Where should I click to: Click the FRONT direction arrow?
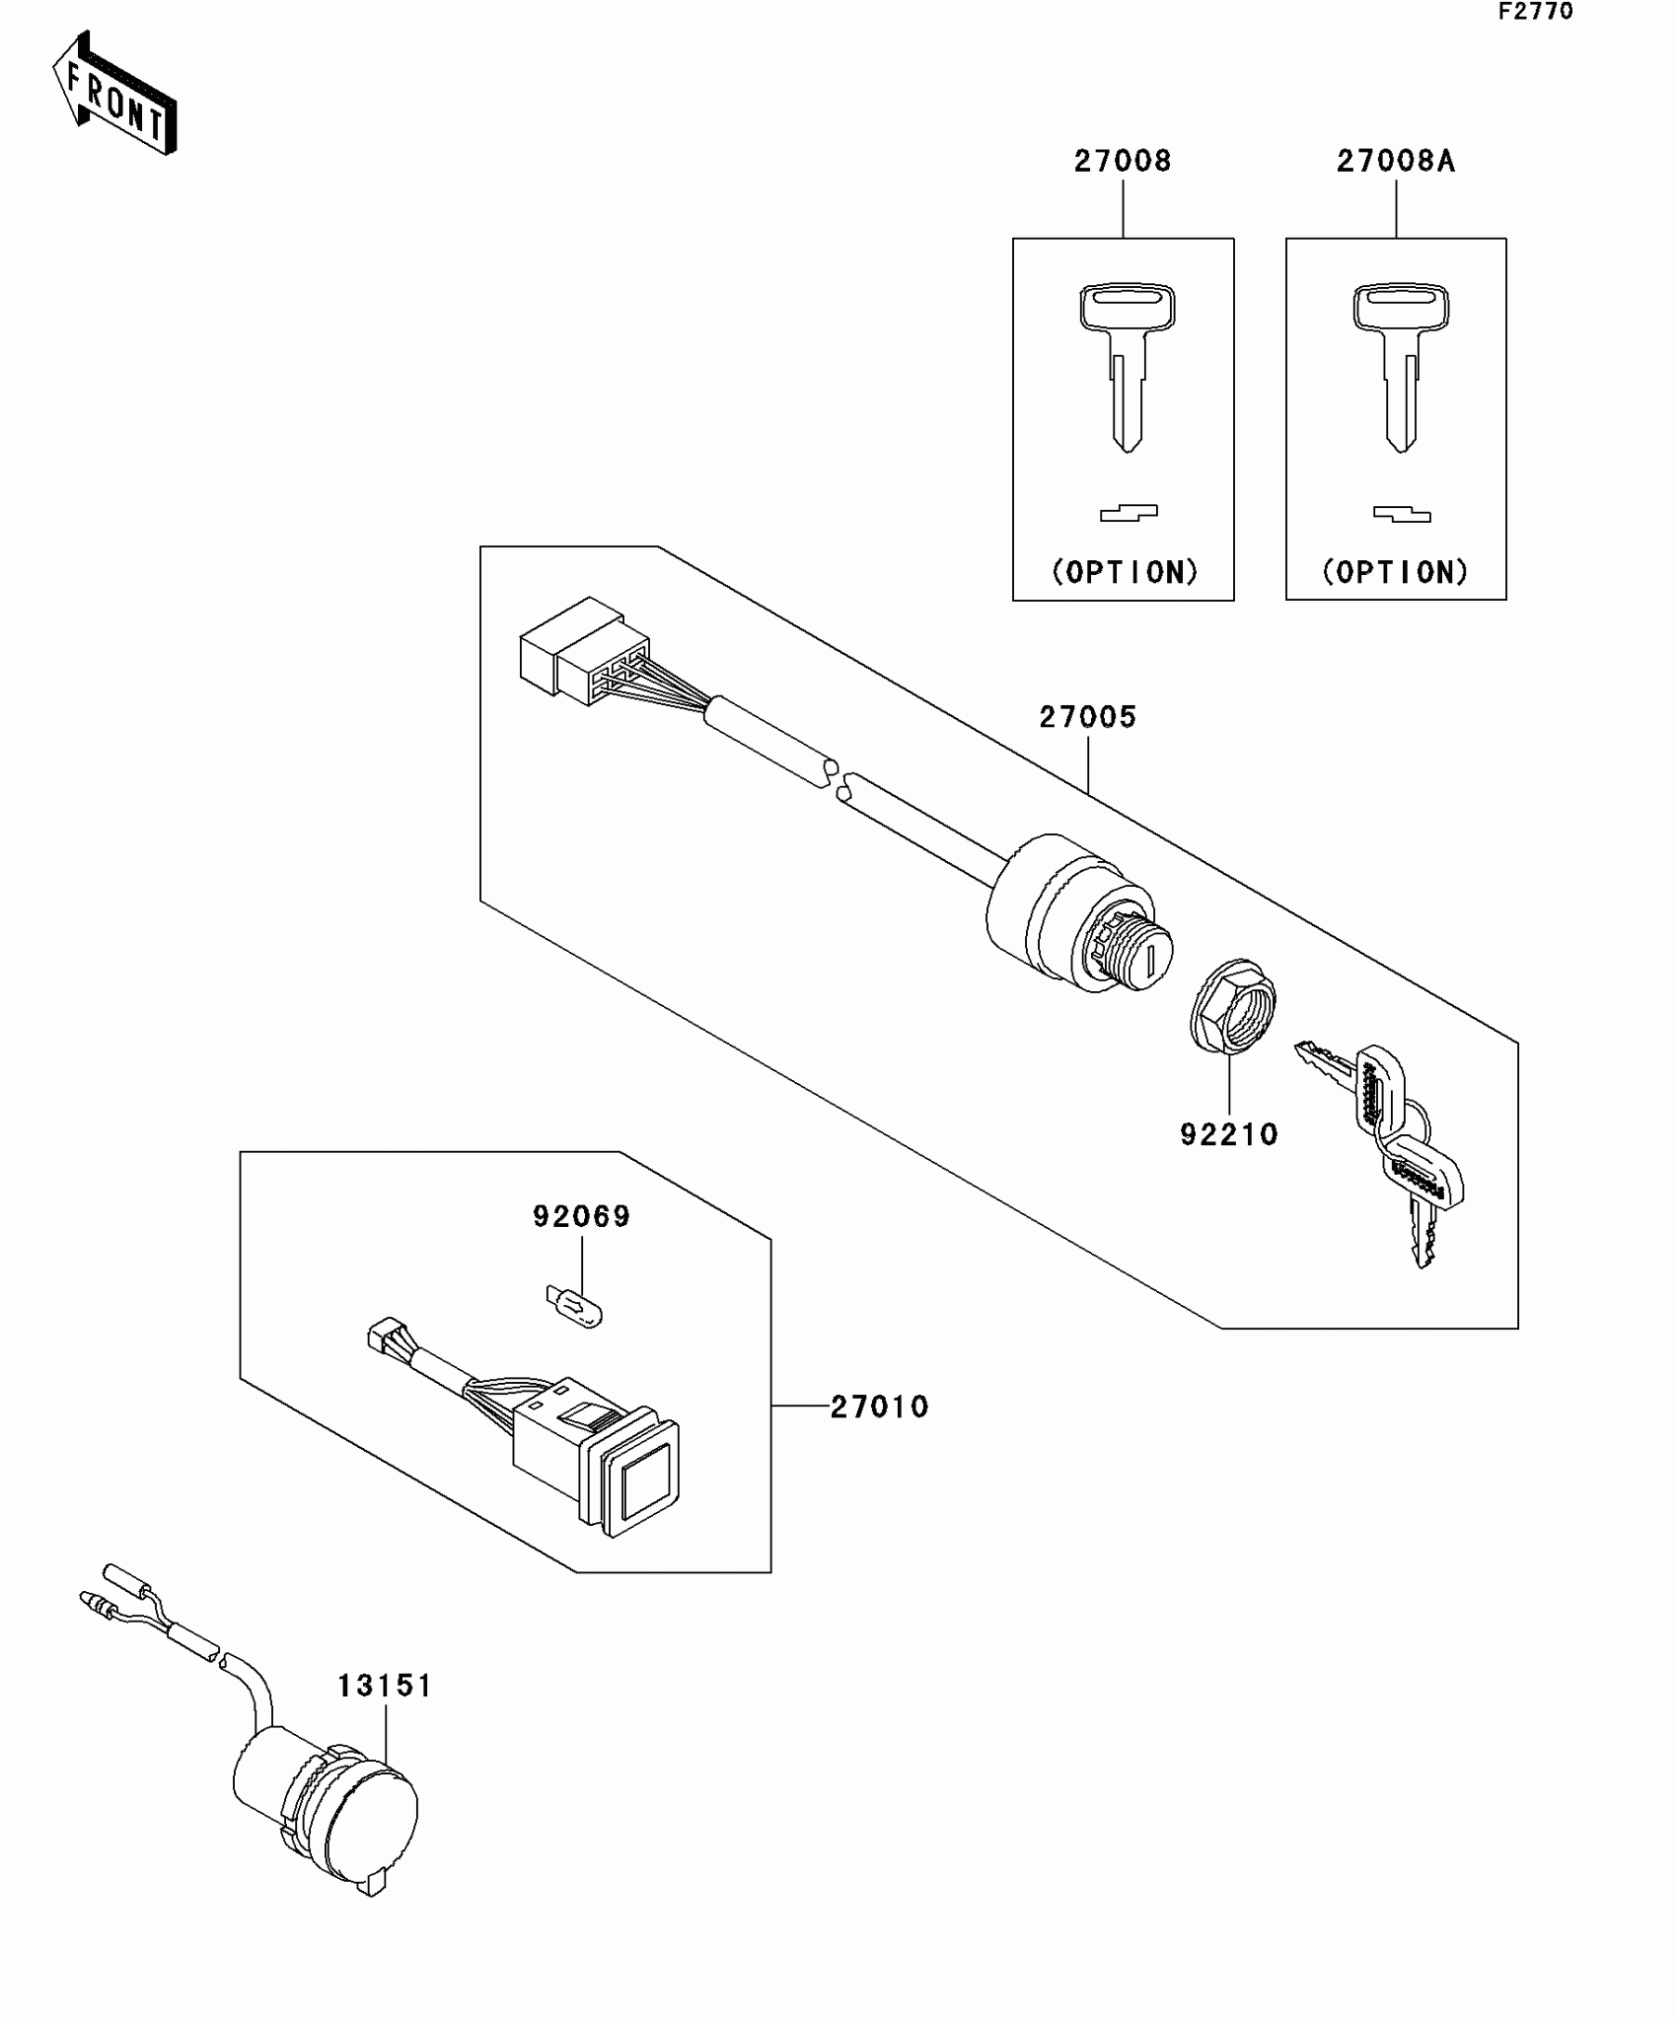tap(113, 94)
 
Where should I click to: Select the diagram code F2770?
tap(1536, 12)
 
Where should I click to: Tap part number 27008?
tap(1123, 161)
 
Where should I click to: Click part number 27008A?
tap(1396, 161)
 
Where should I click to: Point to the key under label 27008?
tap(1127, 365)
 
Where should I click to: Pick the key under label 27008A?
tap(1400, 365)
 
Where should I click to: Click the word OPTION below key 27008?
tap(1125, 572)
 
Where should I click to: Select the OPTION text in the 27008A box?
tap(1396, 572)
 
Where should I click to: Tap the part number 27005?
tap(1088, 717)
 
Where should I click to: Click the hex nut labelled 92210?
tap(1232, 1006)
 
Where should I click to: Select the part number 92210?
tap(1229, 1134)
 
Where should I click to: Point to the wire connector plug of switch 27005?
tap(582, 651)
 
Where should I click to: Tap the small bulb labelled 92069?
tap(575, 1305)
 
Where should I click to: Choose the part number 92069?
tap(582, 1216)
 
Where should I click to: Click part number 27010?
tap(880, 1407)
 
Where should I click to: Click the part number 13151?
tap(385, 1686)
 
